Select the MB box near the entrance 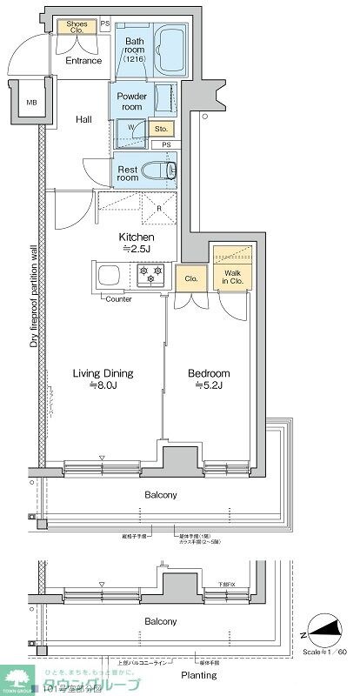pos(32,103)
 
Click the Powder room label pos(131,101)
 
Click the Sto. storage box pos(161,130)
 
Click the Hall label pos(83,119)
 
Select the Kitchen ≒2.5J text pos(137,243)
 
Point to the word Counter pos(118,298)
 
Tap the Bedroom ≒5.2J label pos(210,379)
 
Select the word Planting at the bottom pos(198,674)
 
